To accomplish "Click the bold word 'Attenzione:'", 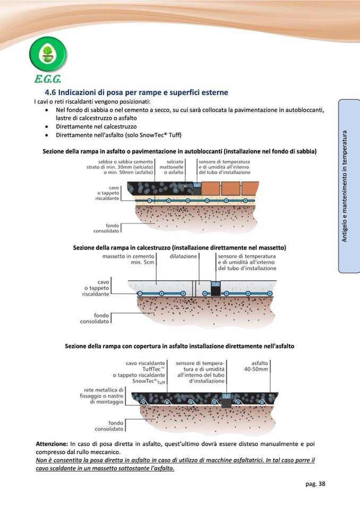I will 52,443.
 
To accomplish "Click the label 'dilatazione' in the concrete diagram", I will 183,256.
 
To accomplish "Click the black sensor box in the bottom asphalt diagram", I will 227,401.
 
